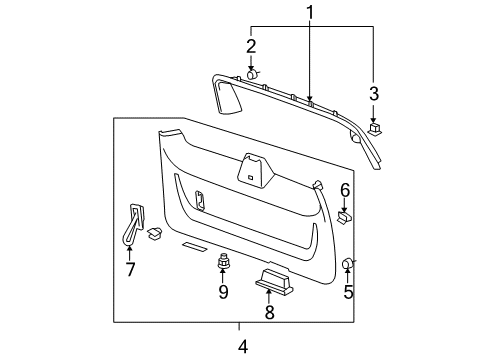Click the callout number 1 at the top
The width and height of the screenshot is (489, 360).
tap(310, 13)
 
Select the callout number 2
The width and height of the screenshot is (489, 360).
tap(252, 46)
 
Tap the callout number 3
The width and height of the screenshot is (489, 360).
tap(373, 94)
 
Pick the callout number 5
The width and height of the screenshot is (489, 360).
tap(349, 293)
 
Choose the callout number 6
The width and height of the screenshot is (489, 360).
tap(345, 190)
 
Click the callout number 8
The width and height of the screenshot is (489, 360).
tap(268, 311)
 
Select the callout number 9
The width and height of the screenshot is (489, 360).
tap(223, 292)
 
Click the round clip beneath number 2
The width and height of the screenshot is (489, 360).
tap(253, 74)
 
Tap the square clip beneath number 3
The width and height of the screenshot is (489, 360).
tap(374, 127)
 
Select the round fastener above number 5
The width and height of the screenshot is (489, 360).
tap(349, 264)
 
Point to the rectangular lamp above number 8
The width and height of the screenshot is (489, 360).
tap(274, 282)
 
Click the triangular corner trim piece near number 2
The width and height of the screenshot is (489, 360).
tap(228, 97)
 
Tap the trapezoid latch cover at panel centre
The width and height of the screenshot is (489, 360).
tap(253, 169)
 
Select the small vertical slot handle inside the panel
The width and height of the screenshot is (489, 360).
tap(199, 201)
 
